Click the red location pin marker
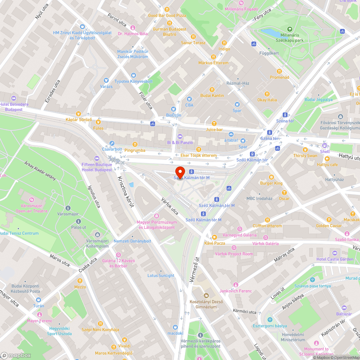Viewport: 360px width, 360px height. point(180,171)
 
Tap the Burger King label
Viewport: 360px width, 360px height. point(271,183)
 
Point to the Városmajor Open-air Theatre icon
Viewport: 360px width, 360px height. point(32,199)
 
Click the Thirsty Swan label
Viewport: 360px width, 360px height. point(305,156)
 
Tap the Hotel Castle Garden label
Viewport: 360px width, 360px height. point(335,259)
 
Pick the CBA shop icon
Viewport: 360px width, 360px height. point(189,99)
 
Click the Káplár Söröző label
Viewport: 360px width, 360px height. point(78,120)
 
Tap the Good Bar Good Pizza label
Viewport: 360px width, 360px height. point(167,15)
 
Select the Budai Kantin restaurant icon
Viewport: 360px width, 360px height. point(212,89)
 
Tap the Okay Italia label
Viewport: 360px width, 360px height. point(267,100)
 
